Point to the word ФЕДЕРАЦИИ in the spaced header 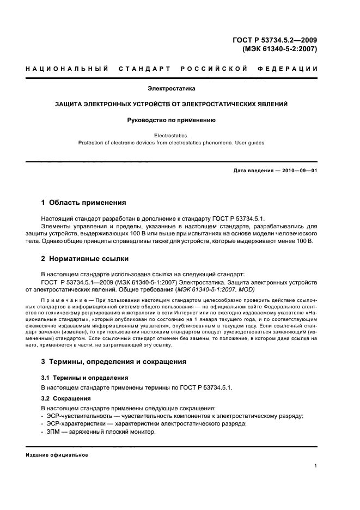pos(292,69)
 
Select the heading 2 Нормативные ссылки pos(85,258)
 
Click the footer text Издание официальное pos(57,455)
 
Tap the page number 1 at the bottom pos(316,466)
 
